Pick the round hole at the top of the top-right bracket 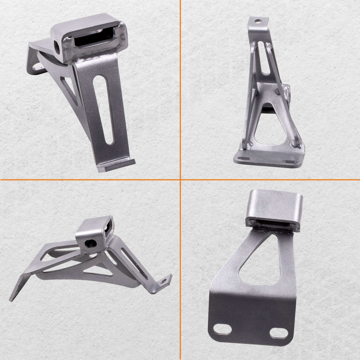click(x=257, y=21)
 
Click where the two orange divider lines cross click(x=180, y=179)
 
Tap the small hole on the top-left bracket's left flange click(x=36, y=67)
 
